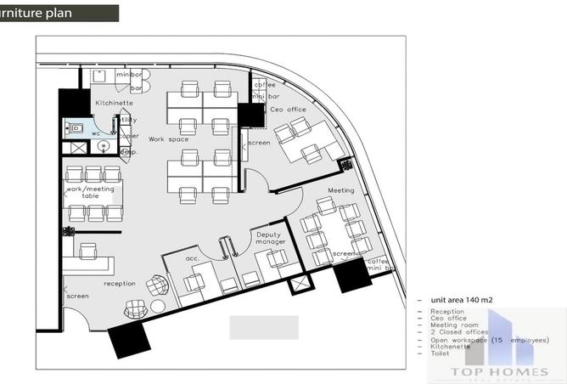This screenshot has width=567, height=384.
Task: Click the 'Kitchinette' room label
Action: tap(113, 103)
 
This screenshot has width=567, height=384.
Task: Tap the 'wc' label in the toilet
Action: tap(97, 133)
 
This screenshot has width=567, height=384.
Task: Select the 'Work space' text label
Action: tap(168, 138)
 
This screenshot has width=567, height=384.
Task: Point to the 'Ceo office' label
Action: tap(289, 110)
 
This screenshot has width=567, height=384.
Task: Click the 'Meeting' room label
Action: tap(340, 190)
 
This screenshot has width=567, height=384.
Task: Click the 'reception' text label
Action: tap(120, 283)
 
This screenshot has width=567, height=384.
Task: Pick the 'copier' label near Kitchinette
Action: tap(129, 135)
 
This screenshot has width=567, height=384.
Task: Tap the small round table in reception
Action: tap(158, 306)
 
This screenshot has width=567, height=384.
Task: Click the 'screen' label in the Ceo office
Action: tap(259, 143)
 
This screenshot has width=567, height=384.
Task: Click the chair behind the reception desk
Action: tap(87, 249)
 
